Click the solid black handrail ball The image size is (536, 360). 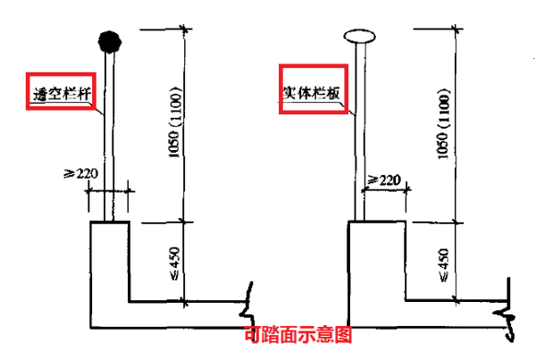[x=109, y=40]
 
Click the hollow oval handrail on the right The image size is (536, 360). [x=360, y=38]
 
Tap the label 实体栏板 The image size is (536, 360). [x=312, y=91]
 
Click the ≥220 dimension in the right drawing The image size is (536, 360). [x=383, y=180]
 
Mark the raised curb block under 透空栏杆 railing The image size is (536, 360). [x=110, y=259]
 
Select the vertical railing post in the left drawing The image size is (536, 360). [x=109, y=134]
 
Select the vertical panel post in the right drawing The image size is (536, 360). [x=360, y=134]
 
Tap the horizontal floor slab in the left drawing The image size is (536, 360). [x=170, y=315]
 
